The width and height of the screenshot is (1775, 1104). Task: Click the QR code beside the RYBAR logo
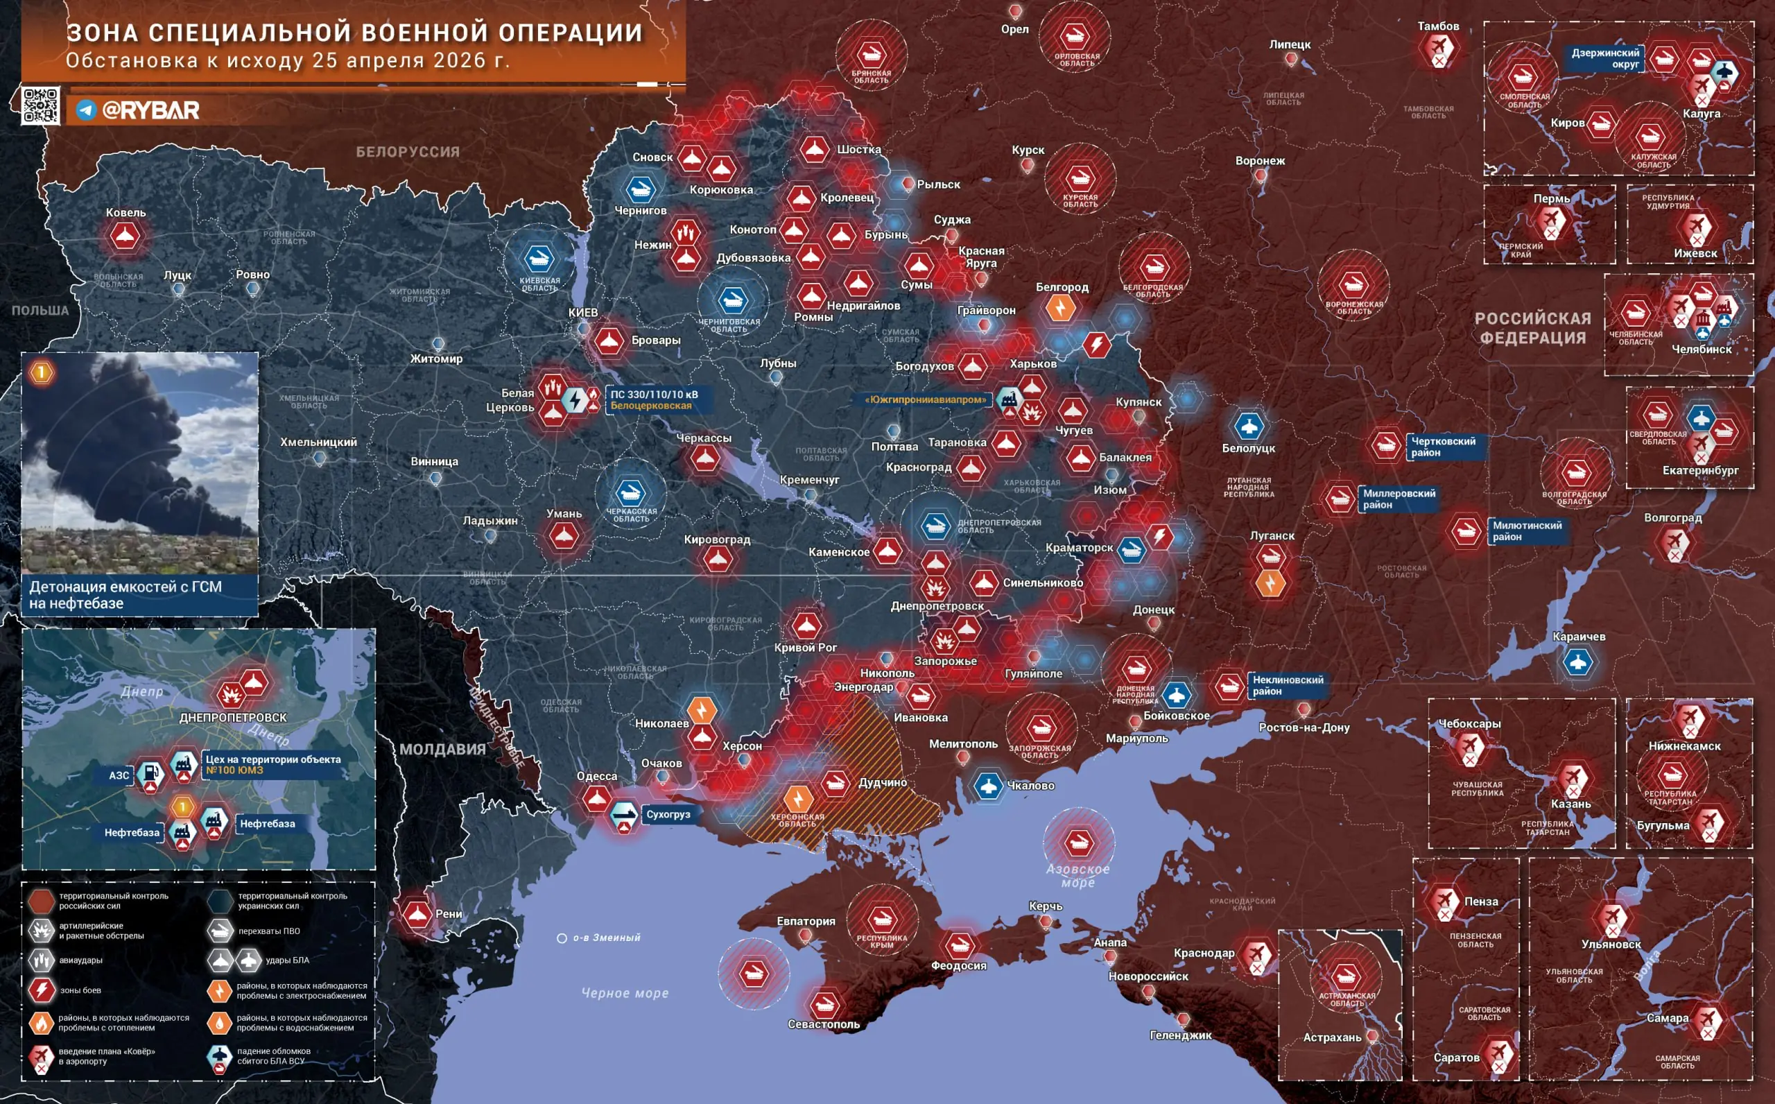[40, 105]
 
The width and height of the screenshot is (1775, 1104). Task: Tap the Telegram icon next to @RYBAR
[86, 110]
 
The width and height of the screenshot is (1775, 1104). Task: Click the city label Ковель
[125, 212]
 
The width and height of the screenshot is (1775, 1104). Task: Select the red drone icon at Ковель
[125, 236]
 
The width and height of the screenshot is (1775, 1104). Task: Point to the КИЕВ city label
[583, 313]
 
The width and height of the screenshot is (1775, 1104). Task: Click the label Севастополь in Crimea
[823, 1024]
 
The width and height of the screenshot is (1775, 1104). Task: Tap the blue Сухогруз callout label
[668, 814]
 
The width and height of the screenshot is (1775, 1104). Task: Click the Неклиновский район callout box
[1288, 685]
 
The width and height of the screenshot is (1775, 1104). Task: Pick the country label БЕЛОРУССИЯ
[408, 152]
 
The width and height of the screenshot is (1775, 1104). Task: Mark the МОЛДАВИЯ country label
[442, 749]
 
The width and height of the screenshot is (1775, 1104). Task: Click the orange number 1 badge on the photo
[42, 372]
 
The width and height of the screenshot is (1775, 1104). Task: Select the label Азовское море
[1078, 875]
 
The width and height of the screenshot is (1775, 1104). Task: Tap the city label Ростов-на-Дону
[1304, 727]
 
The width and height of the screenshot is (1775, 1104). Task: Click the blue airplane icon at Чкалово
[989, 786]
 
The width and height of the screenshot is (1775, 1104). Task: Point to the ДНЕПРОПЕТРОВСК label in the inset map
[233, 718]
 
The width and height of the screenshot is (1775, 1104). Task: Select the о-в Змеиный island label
[606, 938]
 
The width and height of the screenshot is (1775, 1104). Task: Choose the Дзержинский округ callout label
[1605, 58]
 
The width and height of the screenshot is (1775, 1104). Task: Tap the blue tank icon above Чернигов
[641, 190]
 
